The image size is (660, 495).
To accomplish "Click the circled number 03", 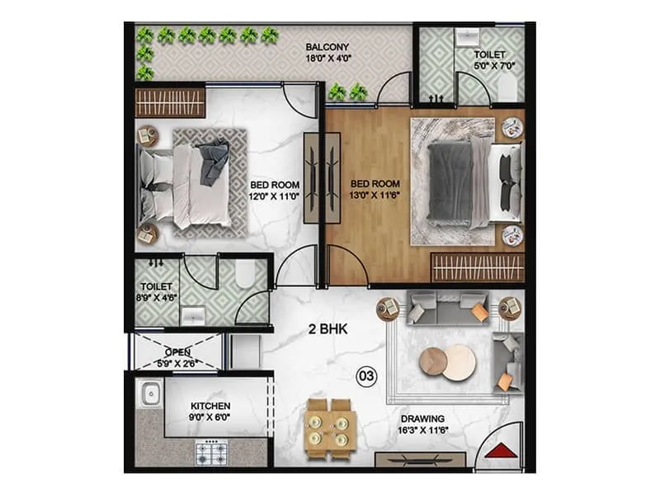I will tap(365, 375).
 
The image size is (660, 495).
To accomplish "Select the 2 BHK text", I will tap(327, 329).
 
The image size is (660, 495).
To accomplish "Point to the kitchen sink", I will tap(150, 394).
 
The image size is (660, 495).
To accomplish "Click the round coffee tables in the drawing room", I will tap(448, 362).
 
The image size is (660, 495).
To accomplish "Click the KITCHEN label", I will tap(210, 406).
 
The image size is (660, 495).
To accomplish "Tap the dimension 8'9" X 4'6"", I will tap(155, 298).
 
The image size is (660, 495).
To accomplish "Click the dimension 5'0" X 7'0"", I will tap(490, 66).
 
